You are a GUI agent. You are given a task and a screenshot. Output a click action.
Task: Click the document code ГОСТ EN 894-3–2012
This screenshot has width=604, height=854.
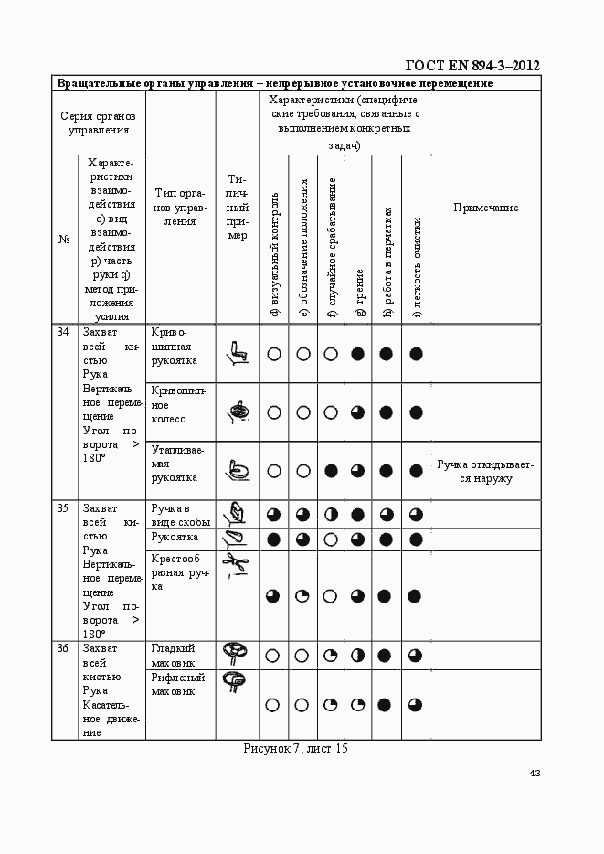click(472, 65)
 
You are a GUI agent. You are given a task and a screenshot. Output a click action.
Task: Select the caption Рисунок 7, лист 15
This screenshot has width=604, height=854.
click(296, 749)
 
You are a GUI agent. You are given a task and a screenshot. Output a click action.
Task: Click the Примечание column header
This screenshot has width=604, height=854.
click(485, 208)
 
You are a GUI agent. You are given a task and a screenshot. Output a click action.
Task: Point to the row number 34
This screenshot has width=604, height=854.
click(64, 332)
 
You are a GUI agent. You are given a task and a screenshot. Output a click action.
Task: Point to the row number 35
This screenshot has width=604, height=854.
click(64, 508)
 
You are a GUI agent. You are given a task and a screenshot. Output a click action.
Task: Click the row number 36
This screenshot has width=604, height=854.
click(64, 648)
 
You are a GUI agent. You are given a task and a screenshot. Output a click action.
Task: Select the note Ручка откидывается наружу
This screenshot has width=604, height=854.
click(485, 471)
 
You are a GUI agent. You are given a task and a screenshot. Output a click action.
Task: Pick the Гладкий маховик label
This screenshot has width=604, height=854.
click(174, 655)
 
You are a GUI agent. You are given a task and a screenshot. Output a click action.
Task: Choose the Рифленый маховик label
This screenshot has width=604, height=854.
click(177, 685)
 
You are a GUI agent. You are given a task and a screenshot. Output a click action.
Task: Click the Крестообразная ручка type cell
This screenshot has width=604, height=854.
click(179, 571)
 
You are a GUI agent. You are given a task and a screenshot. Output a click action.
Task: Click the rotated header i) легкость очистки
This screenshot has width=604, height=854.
click(417, 266)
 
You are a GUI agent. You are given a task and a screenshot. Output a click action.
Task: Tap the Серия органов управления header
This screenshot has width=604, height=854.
click(99, 123)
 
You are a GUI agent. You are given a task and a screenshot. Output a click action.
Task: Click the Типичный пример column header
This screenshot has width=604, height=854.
click(237, 208)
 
